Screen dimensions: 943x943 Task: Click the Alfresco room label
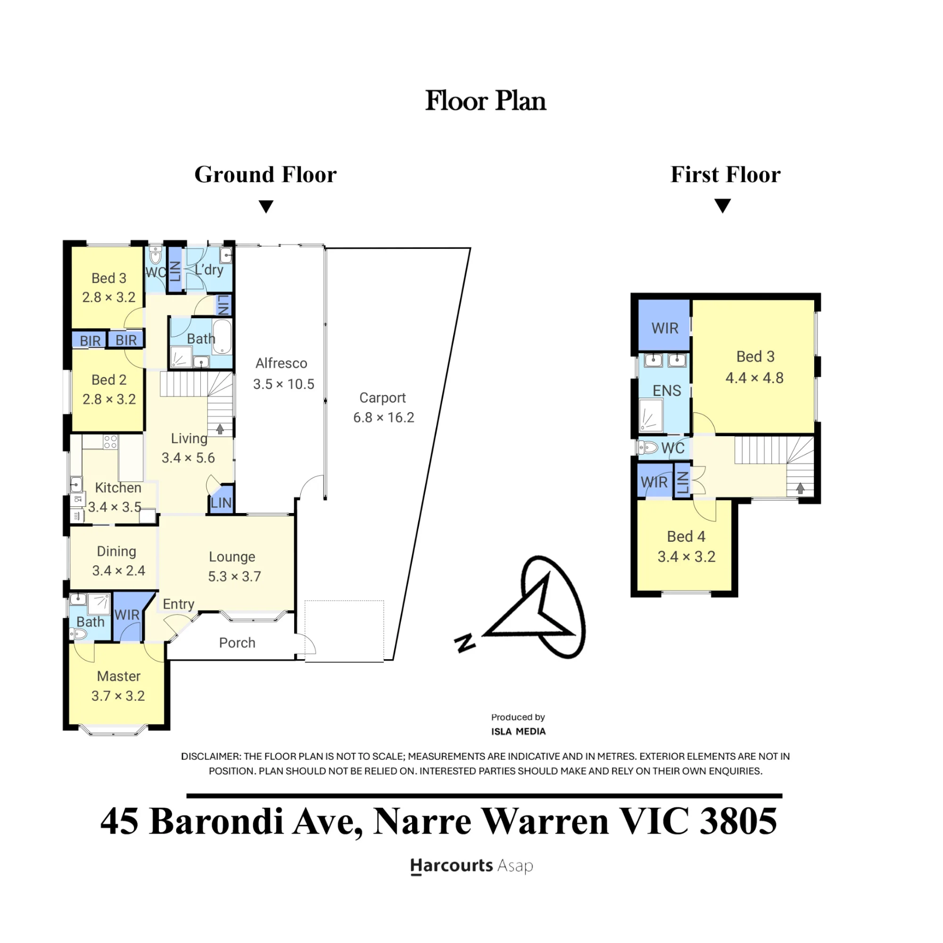click(x=281, y=363)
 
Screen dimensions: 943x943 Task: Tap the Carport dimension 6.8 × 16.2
click(x=384, y=418)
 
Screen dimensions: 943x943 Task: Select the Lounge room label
click(x=232, y=557)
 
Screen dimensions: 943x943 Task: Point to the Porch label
click(x=237, y=643)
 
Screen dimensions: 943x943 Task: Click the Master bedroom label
click(x=119, y=676)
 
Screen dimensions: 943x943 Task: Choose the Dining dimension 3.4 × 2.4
click(x=119, y=571)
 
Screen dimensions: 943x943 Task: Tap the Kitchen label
click(x=118, y=488)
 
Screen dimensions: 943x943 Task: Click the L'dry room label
click(x=209, y=269)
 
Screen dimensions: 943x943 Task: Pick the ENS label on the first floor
click(x=667, y=390)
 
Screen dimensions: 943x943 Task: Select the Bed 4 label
click(x=686, y=537)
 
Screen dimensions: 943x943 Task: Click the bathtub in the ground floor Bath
click(x=222, y=336)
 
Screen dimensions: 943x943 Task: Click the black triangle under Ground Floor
click(x=266, y=207)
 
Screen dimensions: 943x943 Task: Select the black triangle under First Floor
click(x=722, y=206)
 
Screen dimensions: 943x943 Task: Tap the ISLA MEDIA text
click(x=518, y=732)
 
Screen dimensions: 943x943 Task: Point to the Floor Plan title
click(x=486, y=100)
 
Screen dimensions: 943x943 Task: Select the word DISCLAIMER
click(x=210, y=757)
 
